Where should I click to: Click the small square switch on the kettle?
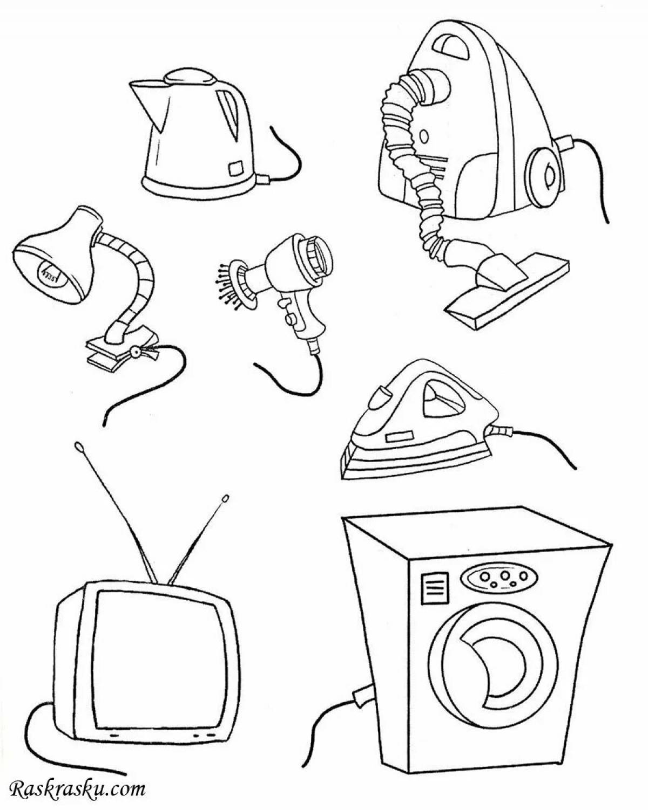pyautogui.click(x=236, y=168)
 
